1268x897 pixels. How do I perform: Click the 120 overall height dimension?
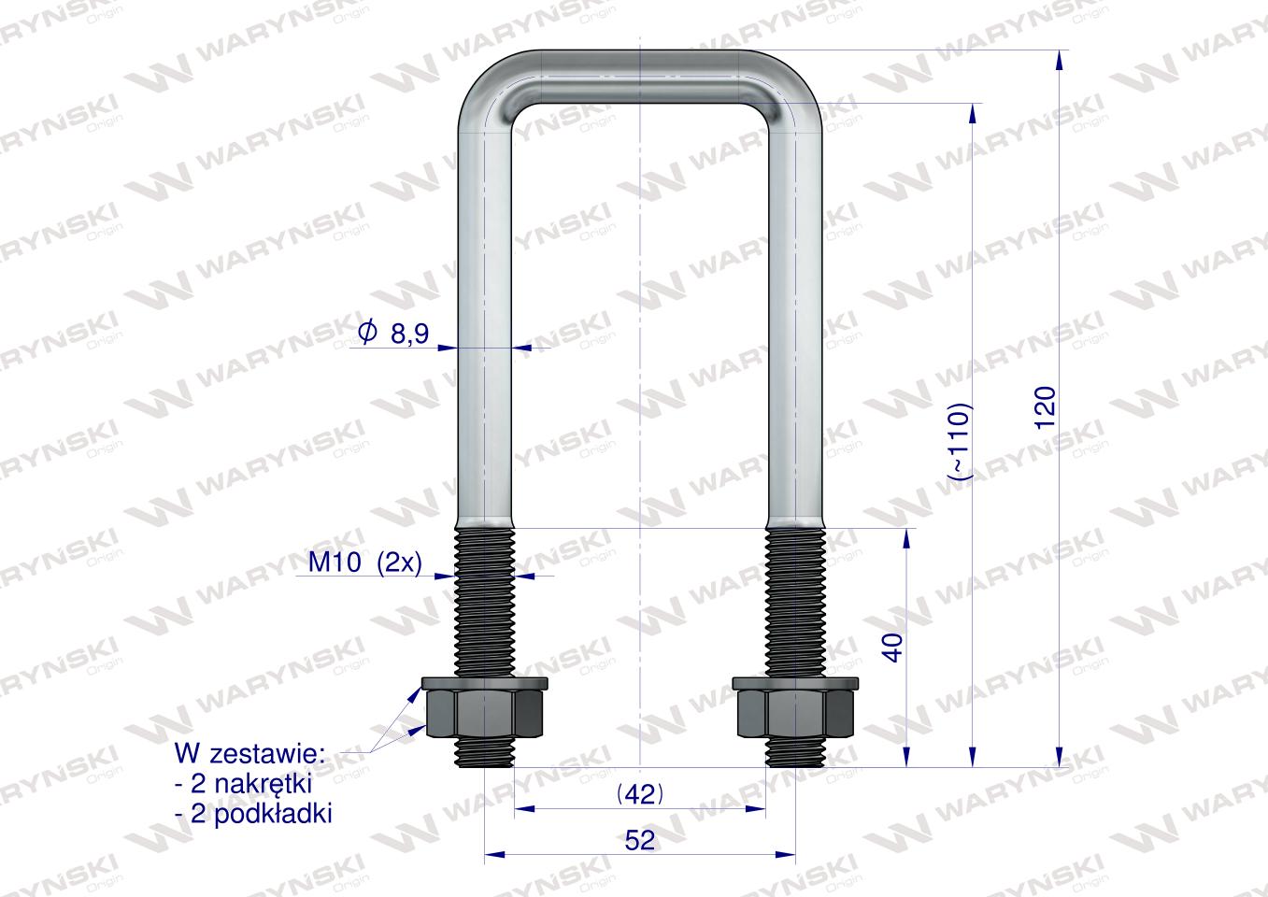[1046, 407]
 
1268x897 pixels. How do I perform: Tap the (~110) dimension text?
[961, 442]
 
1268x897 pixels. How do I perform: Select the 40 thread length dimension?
[892, 648]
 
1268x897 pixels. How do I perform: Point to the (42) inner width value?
[640, 795]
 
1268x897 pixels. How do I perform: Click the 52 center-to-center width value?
[640, 840]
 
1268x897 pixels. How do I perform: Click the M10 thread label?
[335, 562]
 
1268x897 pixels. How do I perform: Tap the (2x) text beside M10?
[400, 563]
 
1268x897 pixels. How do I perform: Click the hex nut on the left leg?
[485, 713]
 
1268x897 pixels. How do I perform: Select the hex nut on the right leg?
[796, 713]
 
